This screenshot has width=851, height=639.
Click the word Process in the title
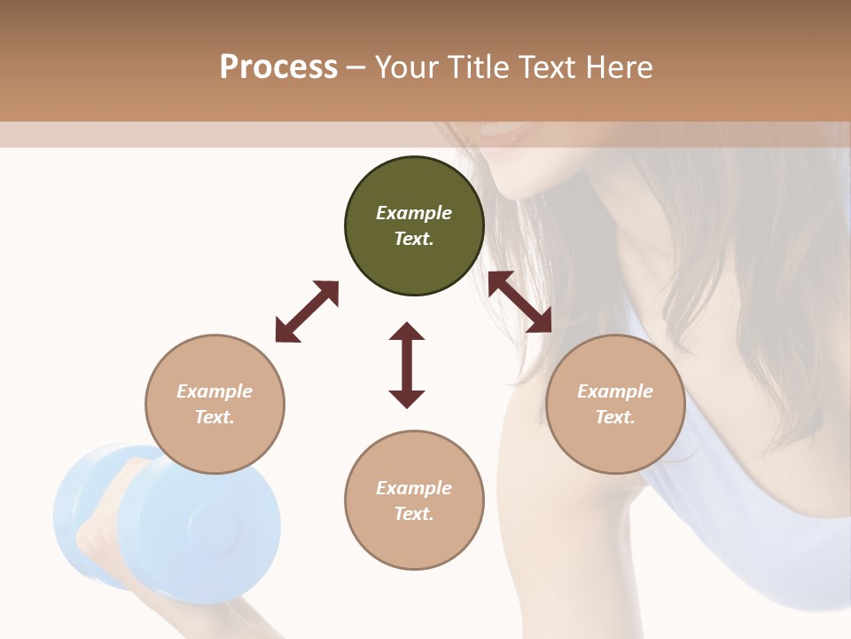coord(278,67)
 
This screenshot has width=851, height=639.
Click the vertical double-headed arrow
coord(407,366)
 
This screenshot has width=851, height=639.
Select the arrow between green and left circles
coord(307,312)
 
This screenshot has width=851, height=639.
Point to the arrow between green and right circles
coord(520,302)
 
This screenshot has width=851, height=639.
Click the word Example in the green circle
coord(414,213)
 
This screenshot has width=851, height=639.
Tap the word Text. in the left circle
coord(215,417)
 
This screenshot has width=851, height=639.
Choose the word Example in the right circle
coord(615,391)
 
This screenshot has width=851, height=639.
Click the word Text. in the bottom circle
coord(414,514)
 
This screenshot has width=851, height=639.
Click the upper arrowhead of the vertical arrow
coord(407,332)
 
